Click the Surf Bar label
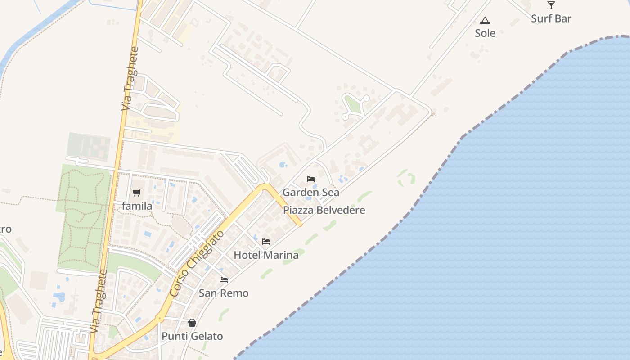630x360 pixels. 551,18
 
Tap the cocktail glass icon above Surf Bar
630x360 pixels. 551,5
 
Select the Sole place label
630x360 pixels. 485,33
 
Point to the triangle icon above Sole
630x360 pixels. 485,20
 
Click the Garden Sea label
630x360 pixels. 311,192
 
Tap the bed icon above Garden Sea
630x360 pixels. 311,179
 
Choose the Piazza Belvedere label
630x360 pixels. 324,210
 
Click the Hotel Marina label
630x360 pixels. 266,255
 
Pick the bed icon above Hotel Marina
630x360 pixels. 266,242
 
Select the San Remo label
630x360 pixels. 224,293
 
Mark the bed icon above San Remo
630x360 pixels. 224,280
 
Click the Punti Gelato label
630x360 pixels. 192,336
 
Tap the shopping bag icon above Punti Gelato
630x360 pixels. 192,323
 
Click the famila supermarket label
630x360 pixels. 137,206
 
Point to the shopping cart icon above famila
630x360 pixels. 137,193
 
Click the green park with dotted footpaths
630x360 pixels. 83,216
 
